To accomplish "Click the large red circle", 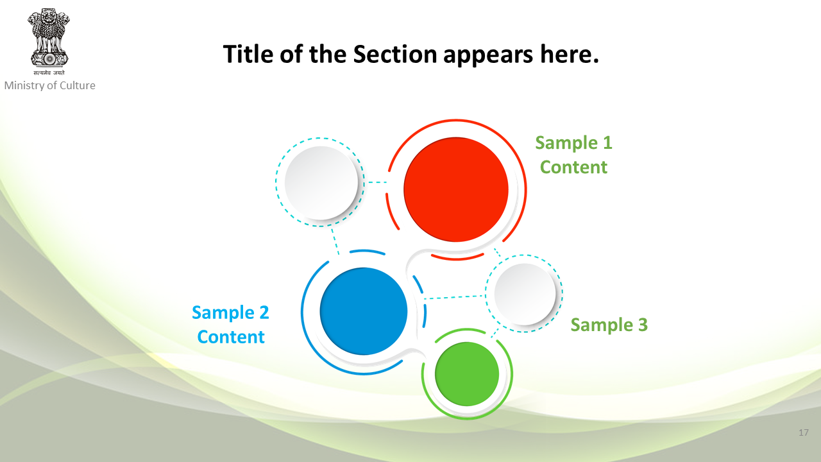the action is (x=456, y=189).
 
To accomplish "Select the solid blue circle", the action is (x=364, y=311).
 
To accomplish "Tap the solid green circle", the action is (x=467, y=374).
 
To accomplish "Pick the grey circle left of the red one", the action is (x=321, y=183).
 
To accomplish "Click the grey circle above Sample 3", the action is (x=525, y=294).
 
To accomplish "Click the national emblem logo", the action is (x=49, y=38).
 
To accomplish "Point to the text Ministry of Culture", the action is (x=50, y=85).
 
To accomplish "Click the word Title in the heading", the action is (x=248, y=55).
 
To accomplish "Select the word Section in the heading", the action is (x=394, y=55).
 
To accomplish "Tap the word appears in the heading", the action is (x=488, y=56).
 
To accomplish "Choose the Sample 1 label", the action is (x=574, y=142).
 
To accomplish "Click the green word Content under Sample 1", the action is (x=573, y=167).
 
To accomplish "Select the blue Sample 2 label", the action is (x=230, y=312).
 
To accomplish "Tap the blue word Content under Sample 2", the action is (x=231, y=337).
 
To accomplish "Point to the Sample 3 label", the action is (x=609, y=325).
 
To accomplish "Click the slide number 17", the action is (x=804, y=432).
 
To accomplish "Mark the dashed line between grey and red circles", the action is (x=378, y=182).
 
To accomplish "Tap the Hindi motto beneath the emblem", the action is (x=49, y=73).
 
